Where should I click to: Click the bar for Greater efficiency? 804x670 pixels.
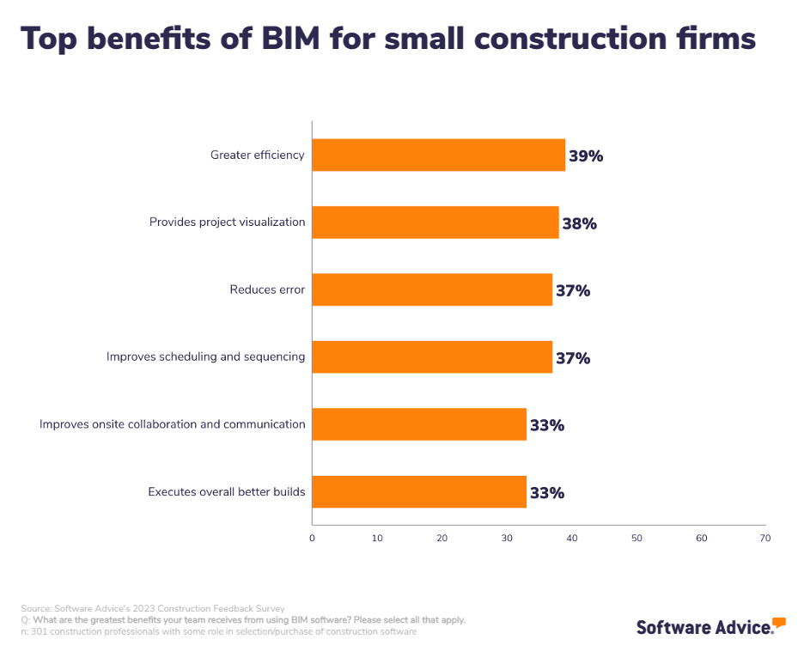coord(438,155)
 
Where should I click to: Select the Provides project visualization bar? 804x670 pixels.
coord(435,222)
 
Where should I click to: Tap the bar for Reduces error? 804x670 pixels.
coord(431,289)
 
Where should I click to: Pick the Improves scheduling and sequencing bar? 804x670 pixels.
coord(431,356)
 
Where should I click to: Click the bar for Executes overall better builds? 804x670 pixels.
coord(418,491)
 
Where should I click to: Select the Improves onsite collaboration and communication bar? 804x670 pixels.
coord(418,424)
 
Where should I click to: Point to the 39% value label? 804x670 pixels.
coord(586,156)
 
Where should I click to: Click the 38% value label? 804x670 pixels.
coord(579,223)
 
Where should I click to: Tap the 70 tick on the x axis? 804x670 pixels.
coord(764,539)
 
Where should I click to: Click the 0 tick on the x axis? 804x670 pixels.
coord(312,539)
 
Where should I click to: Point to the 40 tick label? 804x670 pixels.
coord(571,539)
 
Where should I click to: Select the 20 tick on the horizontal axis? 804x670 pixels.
coord(442,539)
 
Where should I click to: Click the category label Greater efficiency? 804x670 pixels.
coord(258,155)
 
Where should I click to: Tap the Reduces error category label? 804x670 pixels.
coord(267,289)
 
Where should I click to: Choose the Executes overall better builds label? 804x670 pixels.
coord(227,492)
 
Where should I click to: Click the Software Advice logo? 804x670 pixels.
coord(705,627)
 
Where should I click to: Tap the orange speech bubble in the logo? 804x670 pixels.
coord(778,621)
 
